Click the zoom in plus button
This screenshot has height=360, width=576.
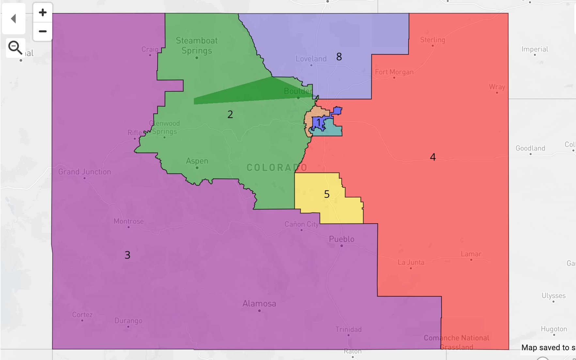pyautogui.click(x=43, y=13)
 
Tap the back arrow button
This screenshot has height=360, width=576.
pyautogui.click(x=14, y=19)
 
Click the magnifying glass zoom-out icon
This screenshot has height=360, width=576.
pyautogui.click(x=15, y=48)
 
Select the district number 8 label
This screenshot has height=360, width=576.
pyautogui.click(x=339, y=57)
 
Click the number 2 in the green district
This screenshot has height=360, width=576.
pyautogui.click(x=230, y=114)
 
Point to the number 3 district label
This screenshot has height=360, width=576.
pyautogui.click(x=127, y=255)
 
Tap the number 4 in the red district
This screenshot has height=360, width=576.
pyautogui.click(x=433, y=157)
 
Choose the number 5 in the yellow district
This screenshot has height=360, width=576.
pyautogui.click(x=327, y=194)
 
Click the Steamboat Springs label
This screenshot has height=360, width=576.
pyautogui.click(x=196, y=45)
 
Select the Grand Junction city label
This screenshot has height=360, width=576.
pyautogui.click(x=85, y=172)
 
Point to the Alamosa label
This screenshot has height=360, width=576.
pyautogui.click(x=259, y=304)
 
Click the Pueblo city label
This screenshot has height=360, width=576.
pyautogui.click(x=341, y=239)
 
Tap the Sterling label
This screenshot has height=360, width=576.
pyautogui.click(x=432, y=40)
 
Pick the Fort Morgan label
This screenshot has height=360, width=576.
pyautogui.click(x=394, y=72)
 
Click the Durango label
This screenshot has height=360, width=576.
pyautogui.click(x=128, y=321)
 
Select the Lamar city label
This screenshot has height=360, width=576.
pyautogui.click(x=471, y=254)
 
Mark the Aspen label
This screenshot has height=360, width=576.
pyautogui.click(x=197, y=161)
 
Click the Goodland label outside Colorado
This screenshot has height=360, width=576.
pyautogui.click(x=530, y=148)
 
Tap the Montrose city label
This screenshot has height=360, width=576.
pyautogui.click(x=129, y=221)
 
